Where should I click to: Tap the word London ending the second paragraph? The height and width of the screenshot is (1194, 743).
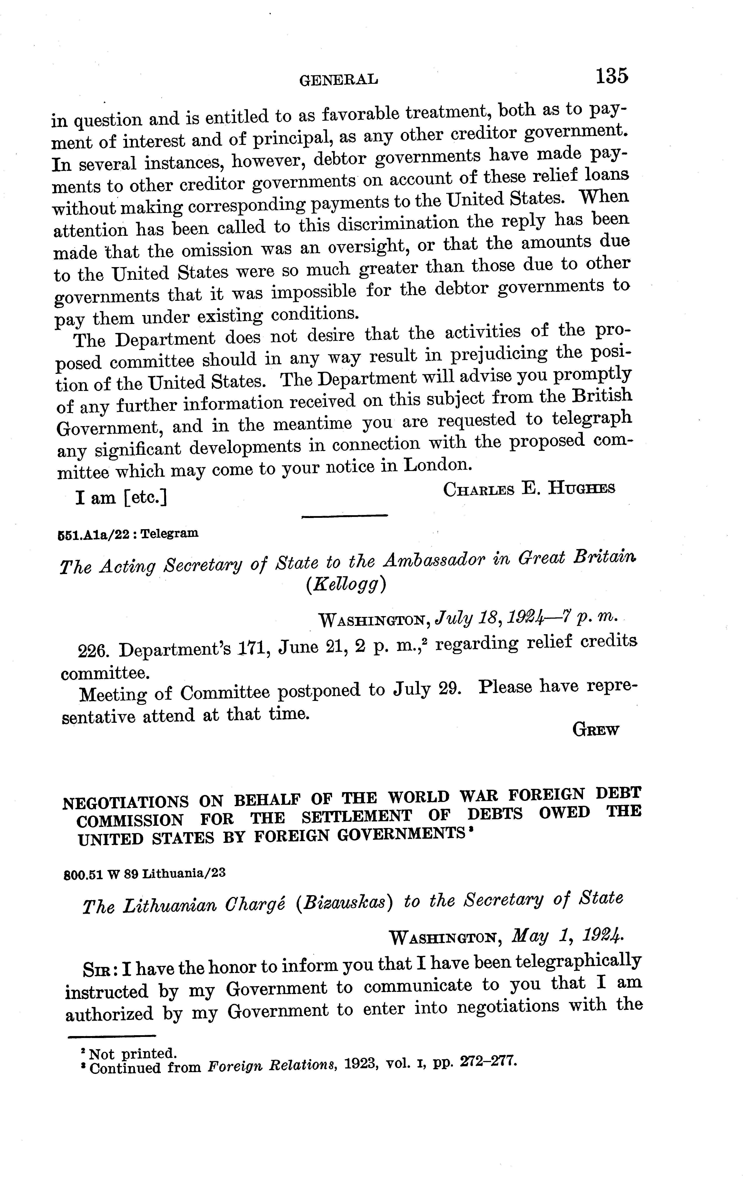pos(436,465)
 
